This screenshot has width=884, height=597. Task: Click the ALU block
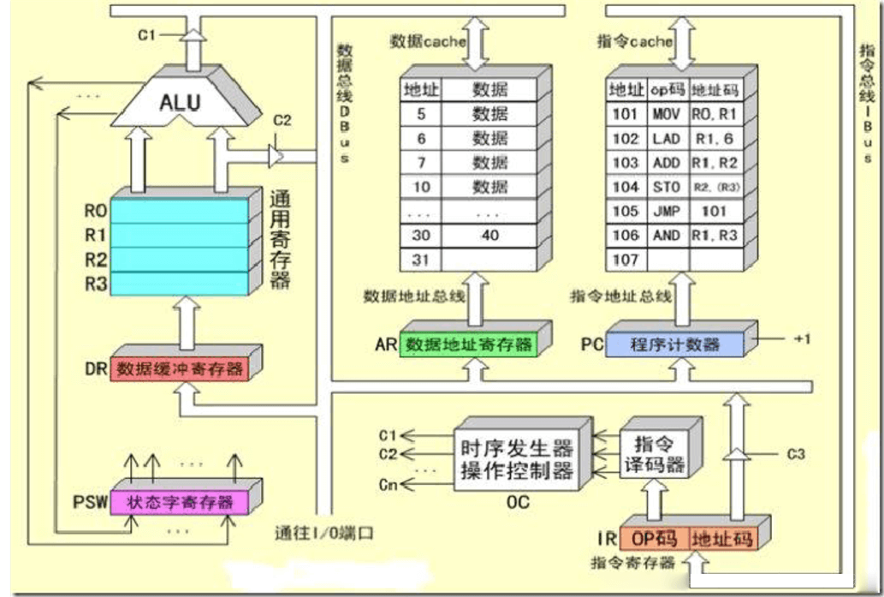180,103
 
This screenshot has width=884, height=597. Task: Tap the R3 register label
95,284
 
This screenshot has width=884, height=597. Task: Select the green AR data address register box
468,345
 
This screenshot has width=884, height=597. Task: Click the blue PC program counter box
674,345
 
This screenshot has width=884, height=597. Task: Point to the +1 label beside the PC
801,339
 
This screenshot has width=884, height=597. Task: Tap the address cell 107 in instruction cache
626,258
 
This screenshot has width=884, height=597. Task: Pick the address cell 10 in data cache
420,187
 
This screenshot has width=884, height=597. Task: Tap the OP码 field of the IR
655,539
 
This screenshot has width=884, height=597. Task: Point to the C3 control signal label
796,454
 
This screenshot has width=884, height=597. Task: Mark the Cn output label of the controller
389,486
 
